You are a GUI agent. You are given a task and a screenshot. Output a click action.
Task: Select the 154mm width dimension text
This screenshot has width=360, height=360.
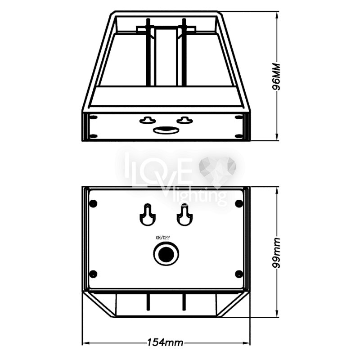coord(165,343)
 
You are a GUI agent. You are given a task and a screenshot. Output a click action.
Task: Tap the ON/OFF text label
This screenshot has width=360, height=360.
coord(163,238)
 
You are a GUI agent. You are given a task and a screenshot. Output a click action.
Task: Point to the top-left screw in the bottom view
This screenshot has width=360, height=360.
coord(93,203)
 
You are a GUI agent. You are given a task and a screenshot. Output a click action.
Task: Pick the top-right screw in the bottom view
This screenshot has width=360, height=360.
coord(239,203)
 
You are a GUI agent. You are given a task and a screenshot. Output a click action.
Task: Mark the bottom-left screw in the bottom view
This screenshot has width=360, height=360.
coord(93,274)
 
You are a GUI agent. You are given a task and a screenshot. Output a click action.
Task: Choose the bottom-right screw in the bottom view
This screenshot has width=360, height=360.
coord(239,274)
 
